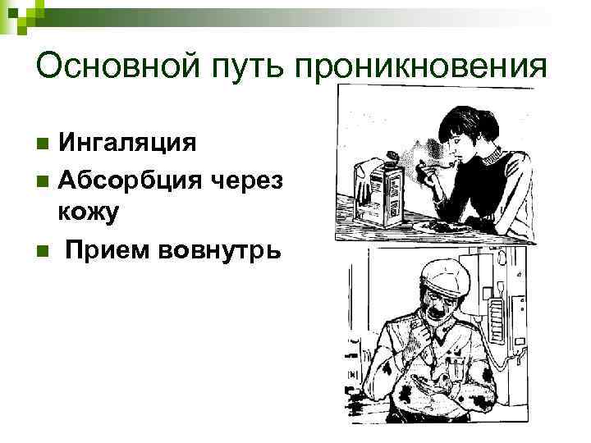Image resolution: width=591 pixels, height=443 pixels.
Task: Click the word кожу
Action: click(89, 212)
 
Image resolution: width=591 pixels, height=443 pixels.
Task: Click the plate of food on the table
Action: click(439, 225)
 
